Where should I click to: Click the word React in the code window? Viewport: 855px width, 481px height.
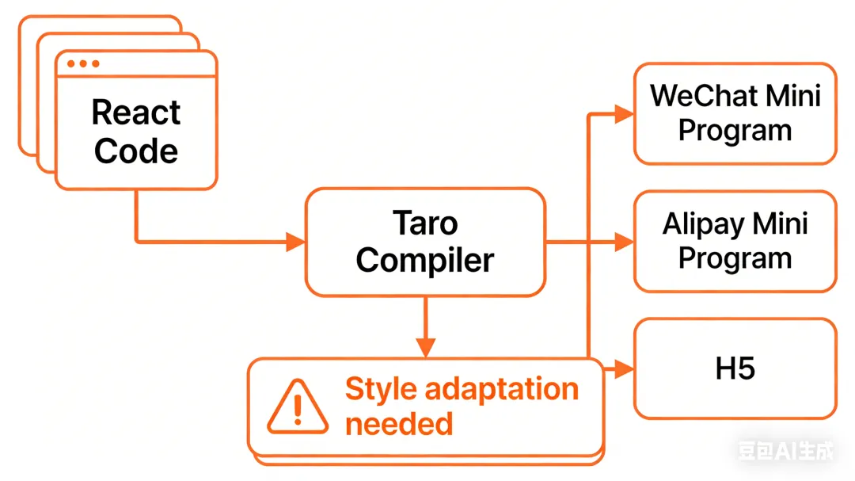[136, 113]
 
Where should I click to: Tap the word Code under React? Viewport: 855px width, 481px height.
[136, 151]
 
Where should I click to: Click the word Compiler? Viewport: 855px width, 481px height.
[425, 260]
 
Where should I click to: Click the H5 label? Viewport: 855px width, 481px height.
[735, 368]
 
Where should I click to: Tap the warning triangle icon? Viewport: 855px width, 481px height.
[297, 407]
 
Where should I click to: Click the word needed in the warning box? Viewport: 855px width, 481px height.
[399, 423]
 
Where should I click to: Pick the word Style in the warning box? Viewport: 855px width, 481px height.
[381, 389]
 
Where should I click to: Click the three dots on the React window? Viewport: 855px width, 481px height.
[83, 63]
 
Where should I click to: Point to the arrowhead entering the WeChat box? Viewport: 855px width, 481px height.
[624, 114]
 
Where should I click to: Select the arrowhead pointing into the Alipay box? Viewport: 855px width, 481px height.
[624, 242]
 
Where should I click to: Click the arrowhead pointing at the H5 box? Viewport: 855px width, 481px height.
[624, 368]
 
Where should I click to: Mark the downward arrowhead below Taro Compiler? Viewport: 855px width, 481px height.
[426, 347]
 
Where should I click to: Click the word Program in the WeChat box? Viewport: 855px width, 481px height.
[735, 131]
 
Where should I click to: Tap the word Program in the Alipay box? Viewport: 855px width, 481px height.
[735, 258]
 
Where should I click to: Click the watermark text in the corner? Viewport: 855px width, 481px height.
[786, 452]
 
